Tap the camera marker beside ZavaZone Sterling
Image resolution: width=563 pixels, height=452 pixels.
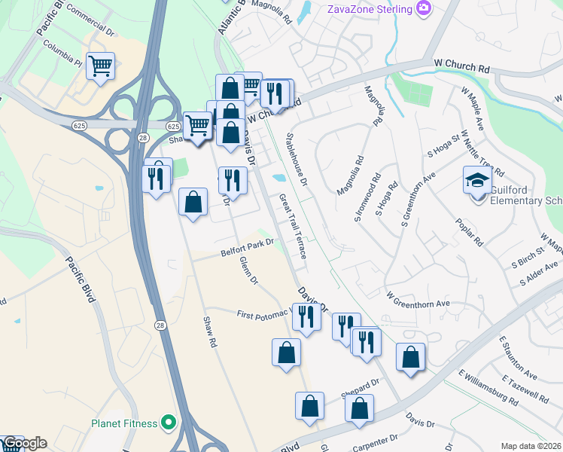point(425,8)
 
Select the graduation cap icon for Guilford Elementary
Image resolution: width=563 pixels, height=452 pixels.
point(476,181)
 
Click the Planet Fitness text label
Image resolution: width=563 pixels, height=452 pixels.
point(124,423)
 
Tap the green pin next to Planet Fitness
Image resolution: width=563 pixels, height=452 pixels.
point(168,423)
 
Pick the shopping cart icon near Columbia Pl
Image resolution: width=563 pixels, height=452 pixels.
point(100,66)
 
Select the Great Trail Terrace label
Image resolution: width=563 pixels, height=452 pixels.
point(293,227)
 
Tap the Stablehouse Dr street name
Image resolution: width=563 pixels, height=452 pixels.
point(297,160)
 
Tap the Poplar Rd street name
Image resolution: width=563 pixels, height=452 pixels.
point(469,234)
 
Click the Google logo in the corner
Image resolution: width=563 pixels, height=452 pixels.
point(25,444)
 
